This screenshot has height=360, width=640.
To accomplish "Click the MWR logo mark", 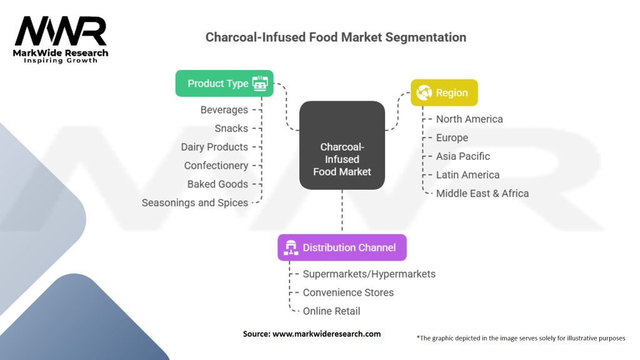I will [x=61, y=31].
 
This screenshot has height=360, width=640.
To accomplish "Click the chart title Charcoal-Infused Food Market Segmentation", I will [x=336, y=37].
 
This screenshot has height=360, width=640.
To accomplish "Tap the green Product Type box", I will [x=224, y=83].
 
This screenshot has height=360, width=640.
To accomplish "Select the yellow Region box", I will [x=444, y=92].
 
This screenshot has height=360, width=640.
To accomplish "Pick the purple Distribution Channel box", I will [x=342, y=247].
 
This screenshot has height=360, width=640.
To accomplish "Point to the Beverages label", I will [x=224, y=110].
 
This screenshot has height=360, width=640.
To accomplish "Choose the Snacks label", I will [x=231, y=128].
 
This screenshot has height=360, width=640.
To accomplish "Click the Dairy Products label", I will [x=214, y=147].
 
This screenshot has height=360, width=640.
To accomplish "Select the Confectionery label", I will [x=216, y=166].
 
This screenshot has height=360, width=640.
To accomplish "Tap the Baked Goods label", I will [x=217, y=184].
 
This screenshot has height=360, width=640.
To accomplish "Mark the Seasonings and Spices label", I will [x=194, y=202].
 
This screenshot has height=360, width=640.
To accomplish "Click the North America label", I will [x=469, y=119].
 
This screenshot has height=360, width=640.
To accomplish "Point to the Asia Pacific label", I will [x=463, y=156].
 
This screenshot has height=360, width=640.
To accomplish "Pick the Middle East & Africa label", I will [x=482, y=193].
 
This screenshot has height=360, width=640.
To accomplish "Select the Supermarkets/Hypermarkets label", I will [x=369, y=274].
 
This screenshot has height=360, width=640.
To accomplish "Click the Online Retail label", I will [x=331, y=311].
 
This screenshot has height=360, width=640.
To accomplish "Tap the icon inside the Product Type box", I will [x=260, y=84].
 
